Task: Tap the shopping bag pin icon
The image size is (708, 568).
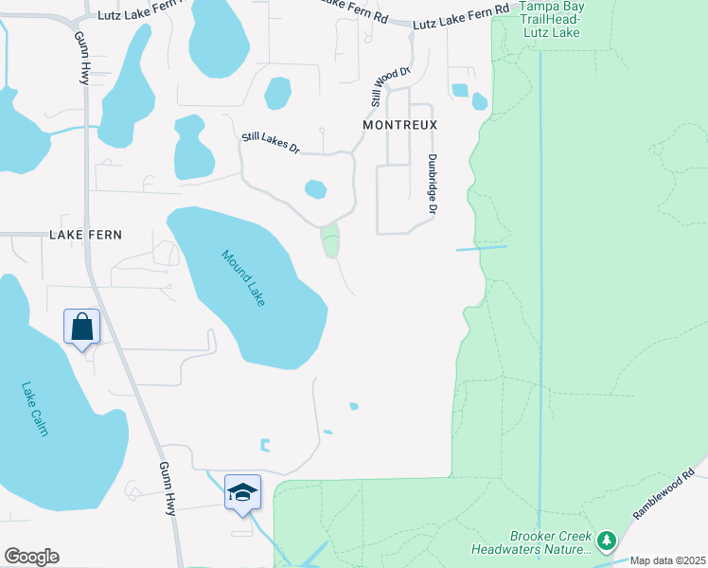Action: click(82, 328)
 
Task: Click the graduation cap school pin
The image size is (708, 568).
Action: click(242, 493)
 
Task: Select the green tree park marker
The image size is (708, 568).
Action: click(606, 541)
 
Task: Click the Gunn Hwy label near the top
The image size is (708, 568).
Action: click(81, 58)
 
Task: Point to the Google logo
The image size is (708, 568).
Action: click(31, 557)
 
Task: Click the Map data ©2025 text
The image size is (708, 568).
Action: click(668, 560)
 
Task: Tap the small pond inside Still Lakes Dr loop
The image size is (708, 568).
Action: click(315, 189)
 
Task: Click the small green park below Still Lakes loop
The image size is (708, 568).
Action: click(330, 240)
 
